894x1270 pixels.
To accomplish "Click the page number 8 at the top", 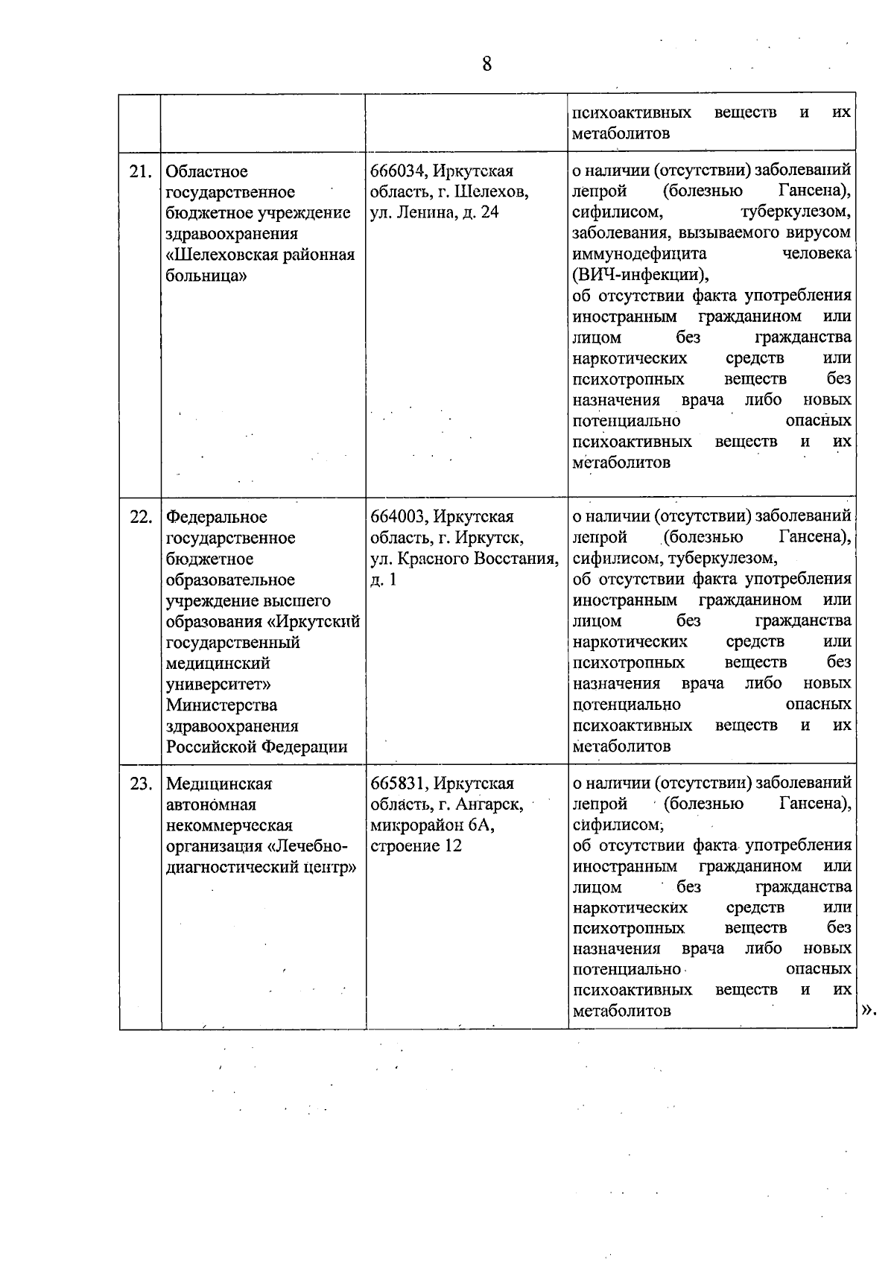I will tap(486, 65).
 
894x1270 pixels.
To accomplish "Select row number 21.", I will tap(140, 172).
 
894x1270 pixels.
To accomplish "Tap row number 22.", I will tap(140, 517).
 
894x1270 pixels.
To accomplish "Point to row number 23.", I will tap(140, 784).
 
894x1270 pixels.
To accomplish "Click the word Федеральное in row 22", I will tap(217, 517).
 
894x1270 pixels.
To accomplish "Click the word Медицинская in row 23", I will tap(219, 784).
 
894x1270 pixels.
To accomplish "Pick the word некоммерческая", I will tap(229, 825).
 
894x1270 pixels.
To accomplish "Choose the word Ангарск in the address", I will tap(491, 804).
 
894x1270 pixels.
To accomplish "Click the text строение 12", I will tap(416, 846).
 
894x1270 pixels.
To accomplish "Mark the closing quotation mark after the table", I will tap(868, 1010).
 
